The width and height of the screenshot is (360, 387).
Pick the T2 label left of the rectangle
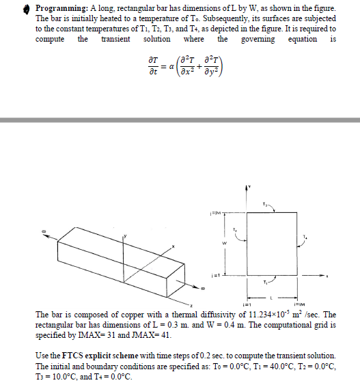[x=235, y=229]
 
